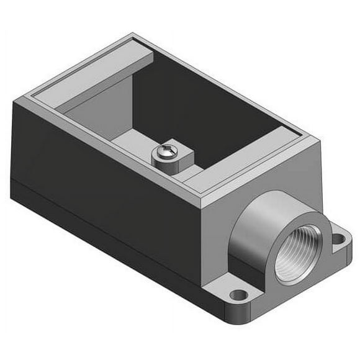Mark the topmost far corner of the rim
click(x=133, y=35)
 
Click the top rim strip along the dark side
click(x=112, y=152)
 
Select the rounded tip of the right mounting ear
click(x=349, y=239)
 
